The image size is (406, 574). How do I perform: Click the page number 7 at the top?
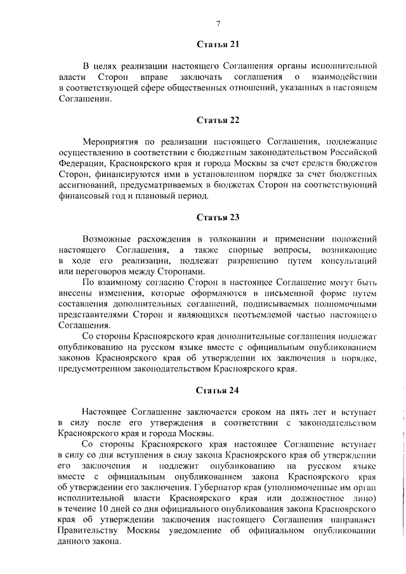218,24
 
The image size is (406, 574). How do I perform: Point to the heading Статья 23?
218,218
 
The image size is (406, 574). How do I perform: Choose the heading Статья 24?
218,390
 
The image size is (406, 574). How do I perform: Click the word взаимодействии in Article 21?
348,77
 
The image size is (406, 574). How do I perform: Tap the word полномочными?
350,307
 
